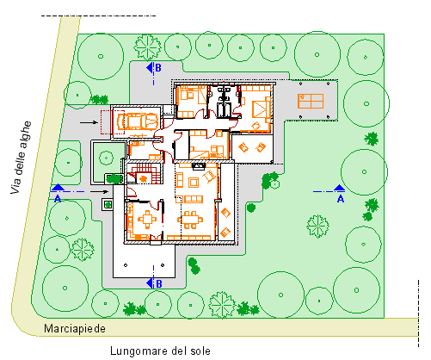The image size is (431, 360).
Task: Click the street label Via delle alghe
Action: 21,158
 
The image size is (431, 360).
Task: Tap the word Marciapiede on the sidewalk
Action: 75,328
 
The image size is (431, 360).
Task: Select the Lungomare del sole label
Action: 160,351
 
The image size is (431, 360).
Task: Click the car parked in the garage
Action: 138,121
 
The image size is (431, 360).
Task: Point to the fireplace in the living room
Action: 198,166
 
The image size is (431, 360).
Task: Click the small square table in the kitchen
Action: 147,220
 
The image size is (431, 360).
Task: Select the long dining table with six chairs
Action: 190,220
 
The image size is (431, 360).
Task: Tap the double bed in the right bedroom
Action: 261,109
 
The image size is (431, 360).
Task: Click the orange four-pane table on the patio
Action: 311,101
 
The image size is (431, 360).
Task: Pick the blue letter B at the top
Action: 158,68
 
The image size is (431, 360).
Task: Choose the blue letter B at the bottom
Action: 158,284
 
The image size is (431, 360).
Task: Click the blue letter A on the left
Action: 58,199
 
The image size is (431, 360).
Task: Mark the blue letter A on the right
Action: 341,199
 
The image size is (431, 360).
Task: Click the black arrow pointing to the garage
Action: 89,122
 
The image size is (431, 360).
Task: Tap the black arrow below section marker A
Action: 99,191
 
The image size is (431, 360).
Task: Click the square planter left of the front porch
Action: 108,205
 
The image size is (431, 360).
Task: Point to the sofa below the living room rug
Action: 194,199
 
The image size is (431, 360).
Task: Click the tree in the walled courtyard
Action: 107,158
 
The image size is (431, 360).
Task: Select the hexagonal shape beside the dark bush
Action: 274,183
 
